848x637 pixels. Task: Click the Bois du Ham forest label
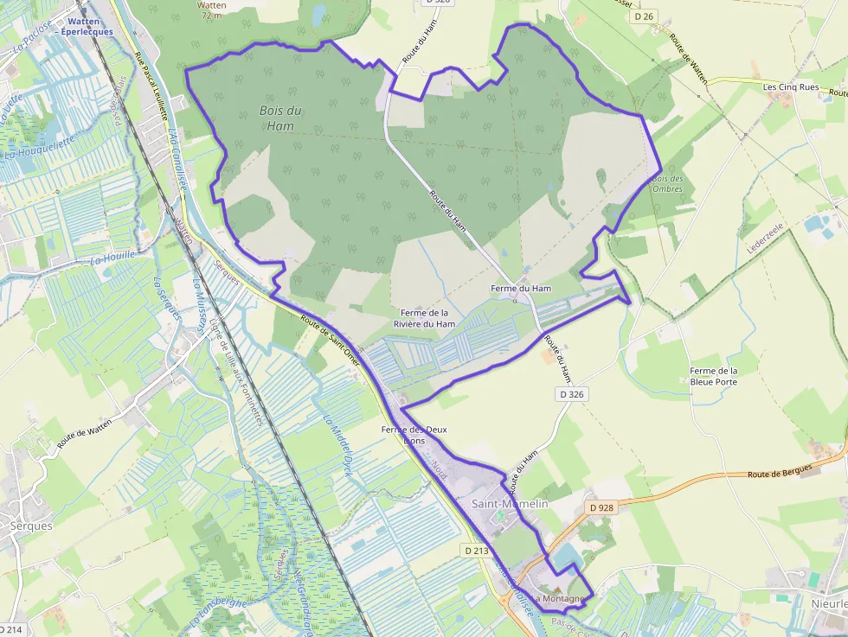click(281, 118)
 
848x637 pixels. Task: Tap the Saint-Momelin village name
click(509, 503)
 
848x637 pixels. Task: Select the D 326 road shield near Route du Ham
click(571, 394)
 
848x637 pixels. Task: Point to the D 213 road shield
click(476, 550)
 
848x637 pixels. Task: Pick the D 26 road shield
click(642, 16)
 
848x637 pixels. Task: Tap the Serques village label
click(31, 526)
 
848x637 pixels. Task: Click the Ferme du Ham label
click(520, 288)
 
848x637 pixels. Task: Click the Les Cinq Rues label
click(791, 87)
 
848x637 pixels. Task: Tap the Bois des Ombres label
click(667, 183)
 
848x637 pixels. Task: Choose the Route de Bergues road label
click(780, 471)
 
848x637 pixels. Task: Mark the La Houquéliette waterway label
click(35, 154)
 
